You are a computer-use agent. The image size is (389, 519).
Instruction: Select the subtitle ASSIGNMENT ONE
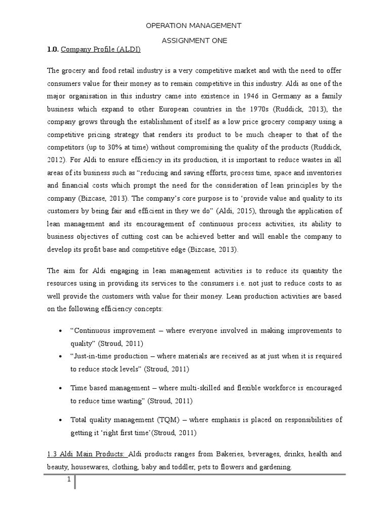pyautogui.click(x=194, y=40)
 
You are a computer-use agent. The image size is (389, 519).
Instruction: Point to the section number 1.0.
pyautogui.click(x=53, y=50)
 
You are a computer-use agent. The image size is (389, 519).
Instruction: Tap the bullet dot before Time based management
pyautogui.click(x=61, y=388)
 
